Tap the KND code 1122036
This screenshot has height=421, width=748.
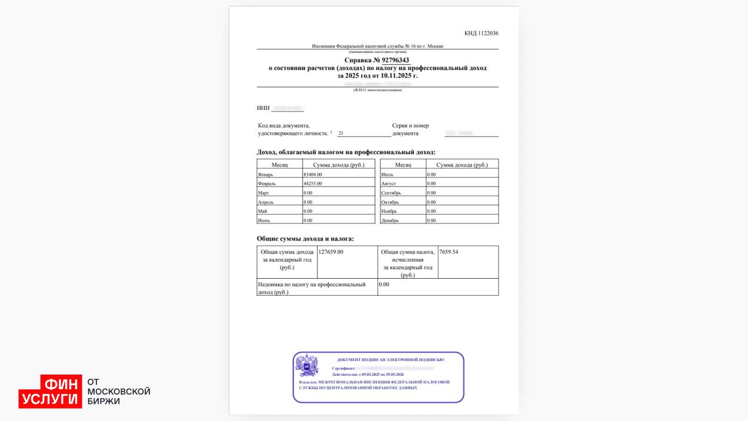[481, 34]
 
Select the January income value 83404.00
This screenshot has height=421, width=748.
[312, 175]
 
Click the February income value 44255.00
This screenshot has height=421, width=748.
[312, 183]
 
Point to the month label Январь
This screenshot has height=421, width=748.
[265, 175]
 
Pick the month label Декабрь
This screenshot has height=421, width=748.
[390, 220]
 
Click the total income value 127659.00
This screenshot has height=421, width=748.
[330, 252]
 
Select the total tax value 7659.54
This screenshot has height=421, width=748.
[449, 252]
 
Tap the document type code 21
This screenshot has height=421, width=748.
[341, 133]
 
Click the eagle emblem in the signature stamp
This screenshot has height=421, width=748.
[307, 366]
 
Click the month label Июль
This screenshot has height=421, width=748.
[387, 175]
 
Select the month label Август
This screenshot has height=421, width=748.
[389, 183]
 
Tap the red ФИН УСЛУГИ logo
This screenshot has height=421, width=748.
[51, 391]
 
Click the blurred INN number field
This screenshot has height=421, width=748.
[288, 108]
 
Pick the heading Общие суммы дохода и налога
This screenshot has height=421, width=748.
[305, 239]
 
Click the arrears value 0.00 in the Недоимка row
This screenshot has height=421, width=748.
[384, 285]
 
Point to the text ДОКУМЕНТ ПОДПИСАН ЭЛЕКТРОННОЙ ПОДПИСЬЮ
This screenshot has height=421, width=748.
[390, 359]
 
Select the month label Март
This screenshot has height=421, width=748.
[263, 193]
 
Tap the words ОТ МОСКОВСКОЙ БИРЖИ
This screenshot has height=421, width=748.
[119, 391]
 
